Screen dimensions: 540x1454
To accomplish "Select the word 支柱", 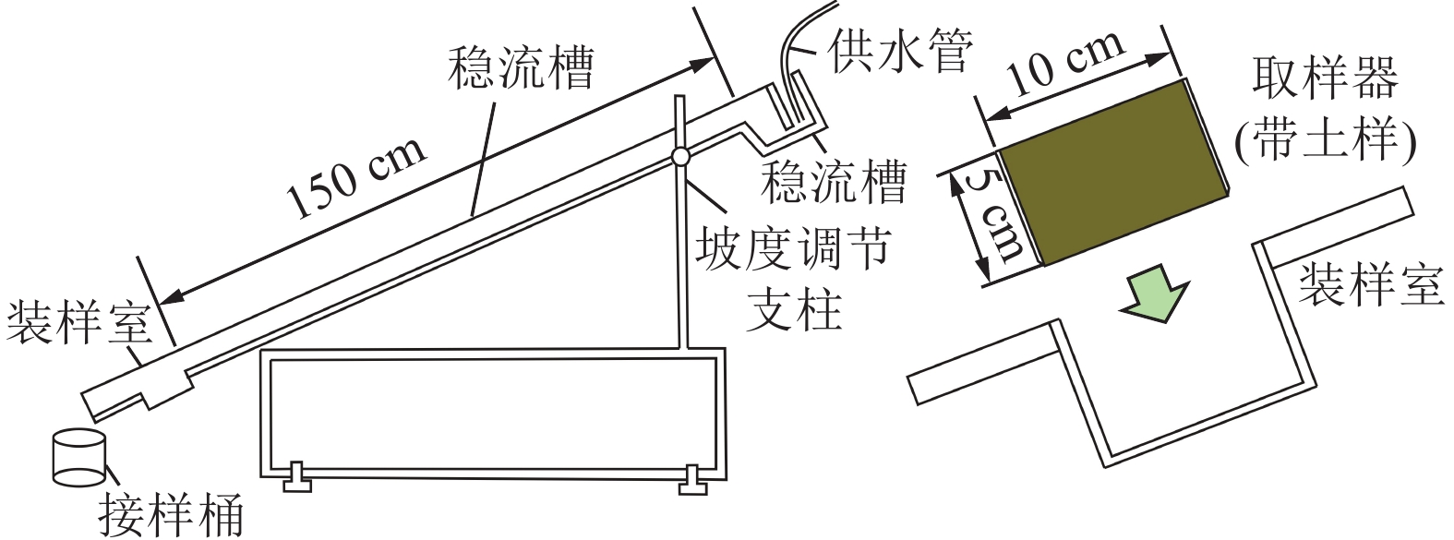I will tap(793, 308).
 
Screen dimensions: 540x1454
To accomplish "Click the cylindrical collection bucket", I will tap(78, 457).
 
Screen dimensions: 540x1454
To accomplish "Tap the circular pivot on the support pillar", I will tap(681, 157).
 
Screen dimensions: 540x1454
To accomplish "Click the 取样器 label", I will tap(1325, 79).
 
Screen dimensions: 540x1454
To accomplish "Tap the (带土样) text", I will tap(1325, 138).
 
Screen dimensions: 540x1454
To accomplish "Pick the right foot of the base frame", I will tap(694, 478).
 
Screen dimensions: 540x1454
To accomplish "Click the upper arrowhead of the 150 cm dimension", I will tap(705, 61).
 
